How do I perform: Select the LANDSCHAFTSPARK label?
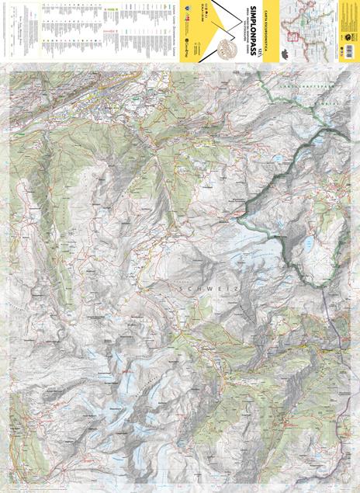click(x=306, y=87)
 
